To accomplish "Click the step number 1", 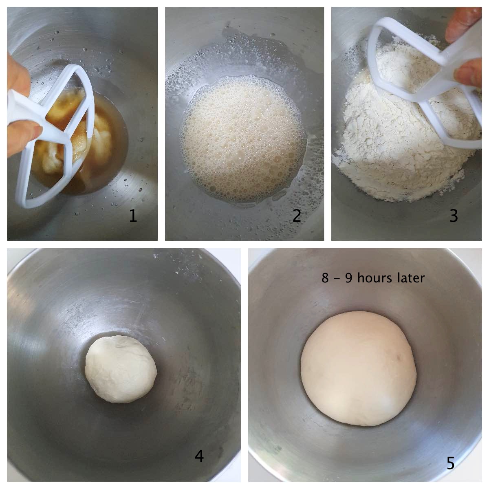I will pyautogui.click(x=133, y=216).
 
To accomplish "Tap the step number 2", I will pyautogui.click(x=297, y=216).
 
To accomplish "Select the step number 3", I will pyautogui.click(x=454, y=216).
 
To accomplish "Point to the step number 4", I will pyautogui.click(x=199, y=456).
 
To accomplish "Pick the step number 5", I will pyautogui.click(x=450, y=463).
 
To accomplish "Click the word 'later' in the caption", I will pyautogui.click(x=411, y=278).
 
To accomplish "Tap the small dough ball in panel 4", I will pyautogui.click(x=121, y=369).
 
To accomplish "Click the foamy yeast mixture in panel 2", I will pyautogui.click(x=243, y=139).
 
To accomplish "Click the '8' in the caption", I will pyautogui.click(x=325, y=278).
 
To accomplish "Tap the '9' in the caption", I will pyautogui.click(x=349, y=278).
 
